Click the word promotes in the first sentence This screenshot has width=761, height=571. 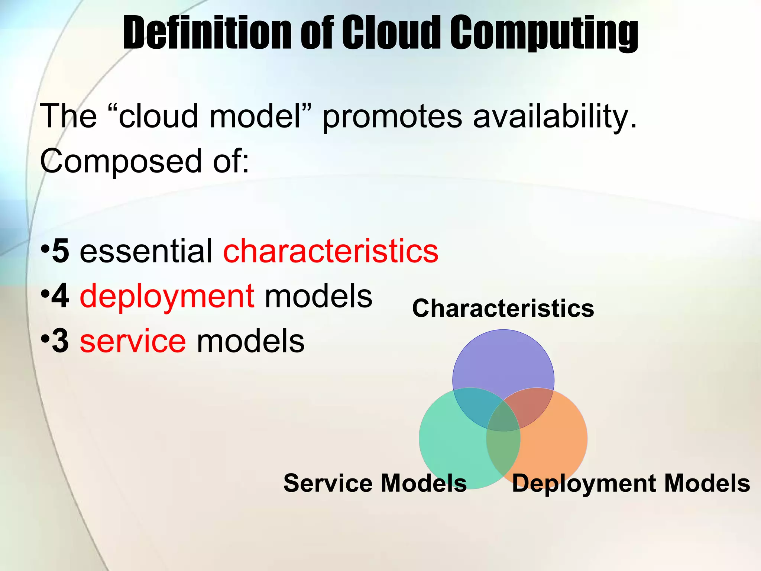[392, 117]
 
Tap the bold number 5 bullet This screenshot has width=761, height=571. [61, 251]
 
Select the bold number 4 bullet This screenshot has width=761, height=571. [61, 296]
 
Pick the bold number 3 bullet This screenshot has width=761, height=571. [61, 341]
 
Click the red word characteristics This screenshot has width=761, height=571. [330, 251]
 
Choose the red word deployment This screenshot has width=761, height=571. [167, 296]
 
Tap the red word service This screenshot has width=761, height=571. [133, 341]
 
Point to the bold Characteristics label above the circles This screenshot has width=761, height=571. [503, 309]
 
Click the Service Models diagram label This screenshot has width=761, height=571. [375, 483]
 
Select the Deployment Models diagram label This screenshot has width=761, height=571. [631, 483]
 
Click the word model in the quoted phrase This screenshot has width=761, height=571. [255, 117]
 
